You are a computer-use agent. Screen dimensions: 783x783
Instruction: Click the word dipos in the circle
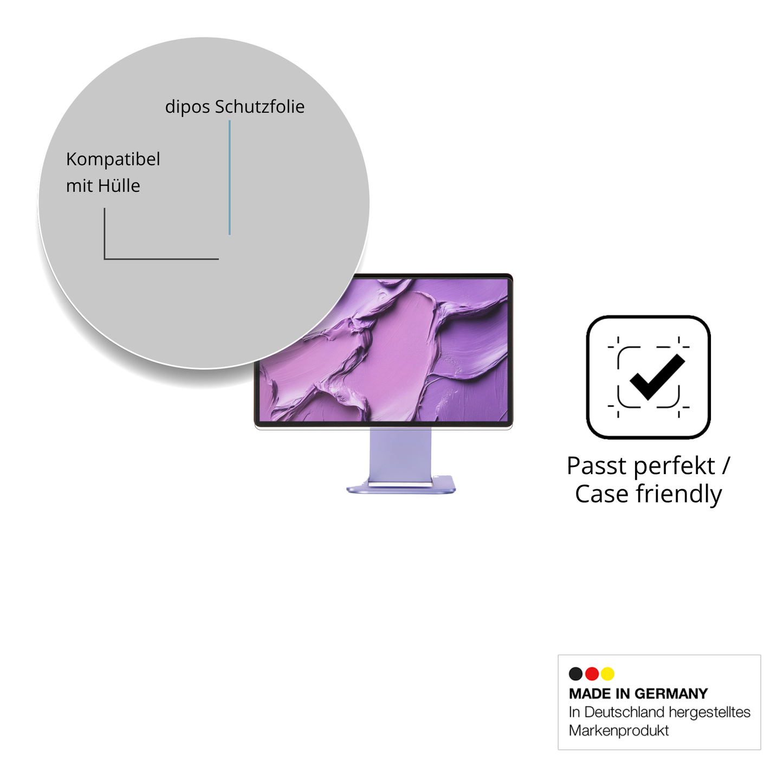pyautogui.click(x=187, y=107)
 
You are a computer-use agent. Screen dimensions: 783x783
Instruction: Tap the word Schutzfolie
pyautogui.click(x=260, y=107)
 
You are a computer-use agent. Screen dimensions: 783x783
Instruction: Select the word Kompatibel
pyautogui.click(x=113, y=159)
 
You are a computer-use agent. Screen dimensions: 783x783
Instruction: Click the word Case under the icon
pyautogui.click(x=601, y=494)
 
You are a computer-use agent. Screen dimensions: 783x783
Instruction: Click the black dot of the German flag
pyautogui.click(x=575, y=674)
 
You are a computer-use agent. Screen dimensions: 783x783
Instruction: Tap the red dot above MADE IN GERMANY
pyautogui.click(x=592, y=674)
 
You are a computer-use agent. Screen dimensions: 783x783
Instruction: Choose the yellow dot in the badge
pyautogui.click(x=607, y=674)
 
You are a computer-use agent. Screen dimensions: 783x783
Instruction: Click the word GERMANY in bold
pyautogui.click(x=671, y=694)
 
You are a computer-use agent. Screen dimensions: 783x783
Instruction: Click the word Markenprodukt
pyautogui.click(x=618, y=730)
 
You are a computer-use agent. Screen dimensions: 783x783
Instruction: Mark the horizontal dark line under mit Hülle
pyautogui.click(x=161, y=259)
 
